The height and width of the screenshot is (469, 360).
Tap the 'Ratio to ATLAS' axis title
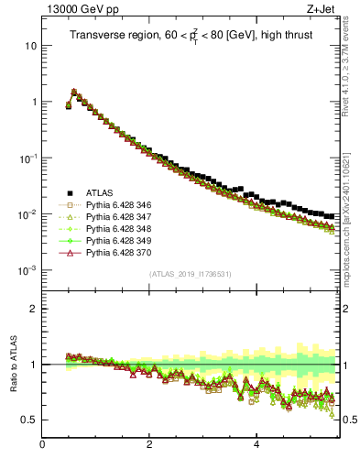(12, 364)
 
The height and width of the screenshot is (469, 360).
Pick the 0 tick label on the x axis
(42, 446)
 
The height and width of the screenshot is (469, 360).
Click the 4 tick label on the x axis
(256, 446)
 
